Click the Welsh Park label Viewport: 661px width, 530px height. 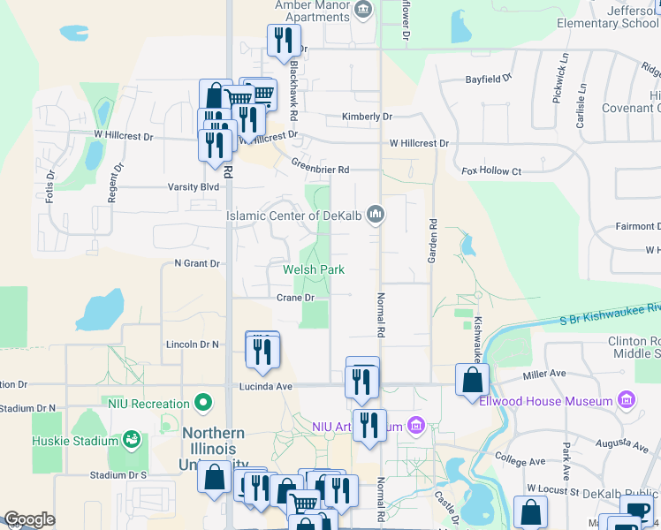coord(313,269)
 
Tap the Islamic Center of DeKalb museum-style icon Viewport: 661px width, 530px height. coord(376,215)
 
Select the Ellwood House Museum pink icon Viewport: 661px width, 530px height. coord(627,401)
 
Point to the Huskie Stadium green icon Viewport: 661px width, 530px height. coord(132,439)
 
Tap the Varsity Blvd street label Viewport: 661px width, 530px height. coord(194,187)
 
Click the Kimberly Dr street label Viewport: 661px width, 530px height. coord(367,117)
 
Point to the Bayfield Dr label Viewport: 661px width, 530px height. coord(489,79)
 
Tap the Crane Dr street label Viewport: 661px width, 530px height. coord(295,299)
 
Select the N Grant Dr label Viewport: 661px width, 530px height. coord(196,263)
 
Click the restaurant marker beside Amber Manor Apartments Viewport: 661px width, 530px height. coord(283,40)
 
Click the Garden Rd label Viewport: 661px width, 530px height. coord(433,241)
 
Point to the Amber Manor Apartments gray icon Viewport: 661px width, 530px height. coord(362,10)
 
